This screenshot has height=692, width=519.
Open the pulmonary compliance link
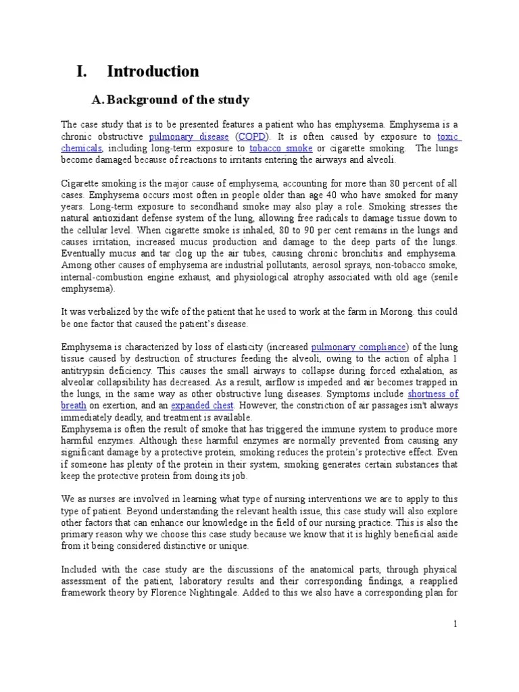(359, 347)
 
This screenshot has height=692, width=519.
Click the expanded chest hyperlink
(202, 405)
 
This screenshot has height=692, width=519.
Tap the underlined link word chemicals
(81, 148)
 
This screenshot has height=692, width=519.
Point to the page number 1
(455, 625)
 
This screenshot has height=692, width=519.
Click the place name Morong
(395, 312)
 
